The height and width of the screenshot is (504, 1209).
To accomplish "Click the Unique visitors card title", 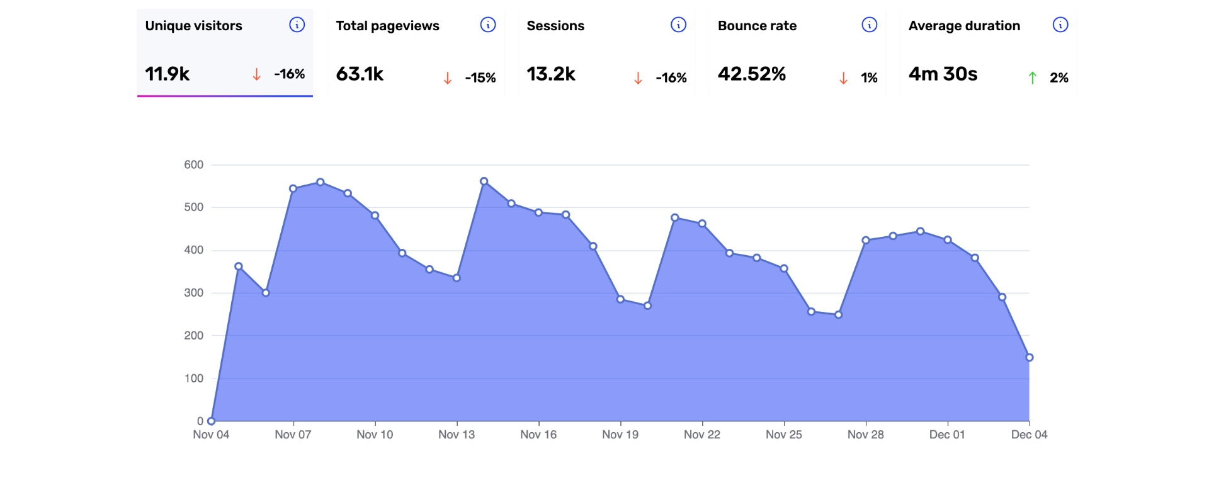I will point(193,26).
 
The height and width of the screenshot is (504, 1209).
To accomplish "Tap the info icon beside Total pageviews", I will point(488,25).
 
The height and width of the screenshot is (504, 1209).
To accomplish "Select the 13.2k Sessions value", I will point(551,74).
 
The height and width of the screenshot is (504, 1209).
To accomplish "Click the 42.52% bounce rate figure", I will point(752,74).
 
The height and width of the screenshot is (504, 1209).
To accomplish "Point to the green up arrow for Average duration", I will point(1033,78).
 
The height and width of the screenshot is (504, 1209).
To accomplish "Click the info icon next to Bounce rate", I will point(870,25).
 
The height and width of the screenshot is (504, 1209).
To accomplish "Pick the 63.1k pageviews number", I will point(360,74).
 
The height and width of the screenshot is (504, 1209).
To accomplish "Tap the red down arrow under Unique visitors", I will point(257,74).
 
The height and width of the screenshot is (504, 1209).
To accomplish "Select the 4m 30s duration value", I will point(943,74).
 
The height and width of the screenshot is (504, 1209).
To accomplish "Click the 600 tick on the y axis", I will point(194,165).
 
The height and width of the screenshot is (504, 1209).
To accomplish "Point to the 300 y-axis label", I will point(194,293).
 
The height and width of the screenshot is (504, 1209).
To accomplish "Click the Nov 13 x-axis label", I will point(457,435).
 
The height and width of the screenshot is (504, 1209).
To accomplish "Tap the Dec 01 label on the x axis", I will point(947,435).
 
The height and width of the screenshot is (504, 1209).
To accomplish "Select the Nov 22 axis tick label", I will point(702,435).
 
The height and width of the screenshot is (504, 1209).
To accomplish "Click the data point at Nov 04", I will point(212,421).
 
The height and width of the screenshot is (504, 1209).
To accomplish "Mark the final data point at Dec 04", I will point(1030,358).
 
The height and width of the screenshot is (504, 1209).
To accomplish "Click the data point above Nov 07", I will point(293,188).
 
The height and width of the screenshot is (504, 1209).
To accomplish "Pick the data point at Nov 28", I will point(866,240).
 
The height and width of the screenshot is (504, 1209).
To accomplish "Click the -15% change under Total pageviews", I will point(480,78).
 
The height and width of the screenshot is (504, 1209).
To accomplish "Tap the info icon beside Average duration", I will point(1060,25).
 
